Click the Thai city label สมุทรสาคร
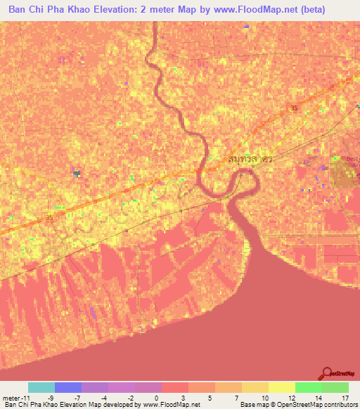250,160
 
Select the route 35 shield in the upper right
293,108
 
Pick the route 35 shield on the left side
49,218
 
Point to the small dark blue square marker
76,171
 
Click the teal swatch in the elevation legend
41,387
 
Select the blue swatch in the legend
67,387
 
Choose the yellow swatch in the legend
281,387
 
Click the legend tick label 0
155,397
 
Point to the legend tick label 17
345,397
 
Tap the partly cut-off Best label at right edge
352,160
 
